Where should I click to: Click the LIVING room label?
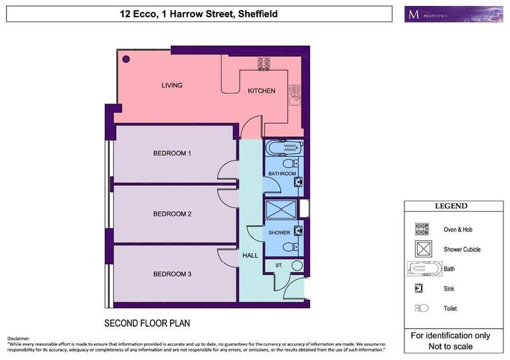[172, 86]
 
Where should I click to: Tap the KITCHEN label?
[262, 91]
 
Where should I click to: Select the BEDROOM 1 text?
[172, 153]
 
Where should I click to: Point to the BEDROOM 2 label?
[172, 214]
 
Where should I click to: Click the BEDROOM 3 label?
[172, 274]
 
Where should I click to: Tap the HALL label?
[250, 255]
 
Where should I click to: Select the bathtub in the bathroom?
[284, 147]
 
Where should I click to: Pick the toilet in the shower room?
[290, 246]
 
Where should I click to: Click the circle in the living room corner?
[126, 58]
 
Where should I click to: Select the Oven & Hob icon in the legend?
[422, 229]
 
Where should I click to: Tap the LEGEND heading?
[451, 207]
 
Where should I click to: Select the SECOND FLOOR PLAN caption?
[147, 324]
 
